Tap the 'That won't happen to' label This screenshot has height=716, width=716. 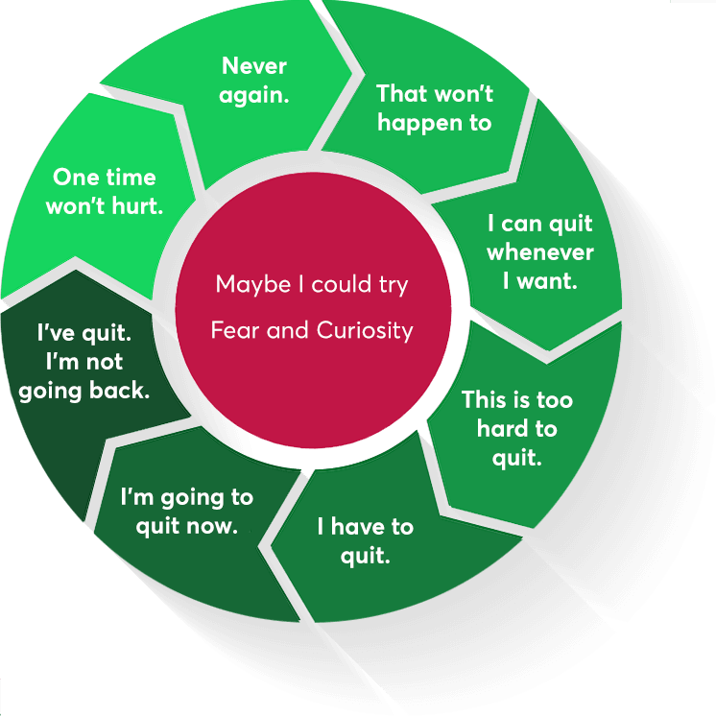point(434,107)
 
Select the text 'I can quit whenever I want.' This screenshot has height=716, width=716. point(539,252)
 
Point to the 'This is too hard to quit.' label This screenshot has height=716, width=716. point(516,428)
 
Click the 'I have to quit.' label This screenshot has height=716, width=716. point(365,540)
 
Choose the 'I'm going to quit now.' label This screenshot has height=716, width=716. point(186,512)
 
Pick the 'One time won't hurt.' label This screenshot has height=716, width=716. point(104,191)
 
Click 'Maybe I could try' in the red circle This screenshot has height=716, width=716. point(312,285)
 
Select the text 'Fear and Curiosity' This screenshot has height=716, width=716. point(312,331)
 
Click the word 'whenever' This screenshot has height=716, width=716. point(539,253)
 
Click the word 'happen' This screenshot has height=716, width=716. point(421,124)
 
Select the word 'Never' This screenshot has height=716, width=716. point(255,65)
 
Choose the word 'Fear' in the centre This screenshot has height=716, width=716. point(232,331)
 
